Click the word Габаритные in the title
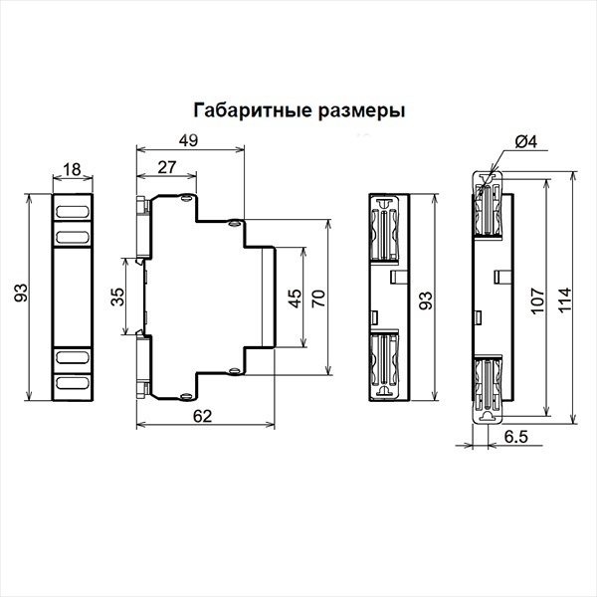pyautogui.click(x=252, y=110)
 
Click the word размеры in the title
pyautogui.click(x=361, y=111)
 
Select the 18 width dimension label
pyautogui.click(x=72, y=169)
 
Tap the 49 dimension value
pyautogui.click(x=188, y=140)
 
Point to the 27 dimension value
pyautogui.click(x=167, y=167)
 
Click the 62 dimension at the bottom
pyautogui.click(x=202, y=416)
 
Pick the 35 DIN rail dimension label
pyautogui.click(x=117, y=297)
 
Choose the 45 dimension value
pyautogui.click(x=295, y=298)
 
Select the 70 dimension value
pyautogui.click(x=318, y=298)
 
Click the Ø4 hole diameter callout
pyautogui.click(x=525, y=142)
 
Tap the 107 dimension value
pyautogui.click(x=538, y=300)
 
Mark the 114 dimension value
pyautogui.click(x=565, y=300)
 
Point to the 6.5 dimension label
pyautogui.click(x=516, y=437)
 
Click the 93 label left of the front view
pyautogui.click(x=21, y=293)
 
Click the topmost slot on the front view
pyautogui.click(x=72, y=211)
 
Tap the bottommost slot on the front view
pyautogui.click(x=72, y=382)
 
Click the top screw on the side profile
pyautogui.click(x=186, y=198)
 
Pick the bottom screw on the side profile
pyautogui.click(x=186, y=397)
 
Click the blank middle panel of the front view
pyautogui.click(x=72, y=297)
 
